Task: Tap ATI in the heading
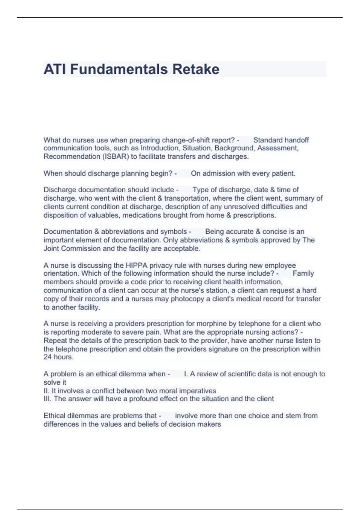tap(55, 69)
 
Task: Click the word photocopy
tap(186, 299)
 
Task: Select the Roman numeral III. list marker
tap(48, 399)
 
